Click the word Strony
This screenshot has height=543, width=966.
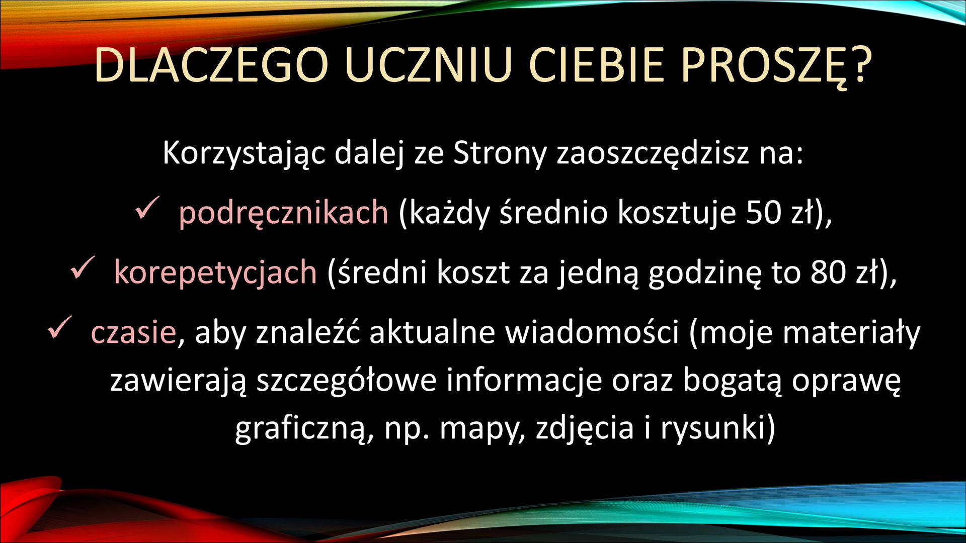[499, 153]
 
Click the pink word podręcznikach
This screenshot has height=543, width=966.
[283, 212]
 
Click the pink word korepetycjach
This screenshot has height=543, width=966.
[215, 272]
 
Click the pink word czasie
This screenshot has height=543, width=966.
[133, 332]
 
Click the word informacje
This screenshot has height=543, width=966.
[524, 381]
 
